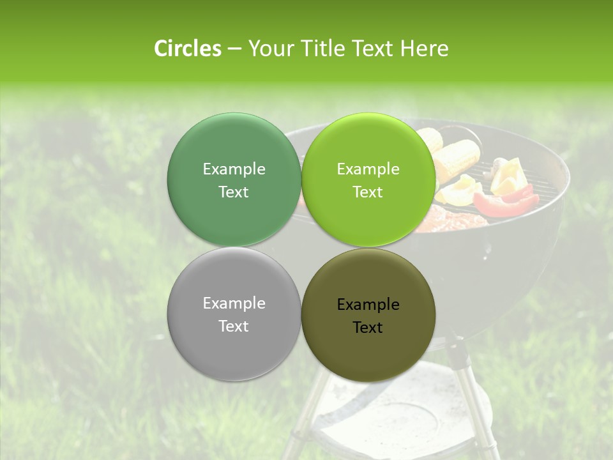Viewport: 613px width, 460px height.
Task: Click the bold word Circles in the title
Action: tap(188, 49)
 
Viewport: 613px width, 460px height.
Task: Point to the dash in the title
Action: tap(234, 49)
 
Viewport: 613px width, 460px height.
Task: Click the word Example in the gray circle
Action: tap(234, 303)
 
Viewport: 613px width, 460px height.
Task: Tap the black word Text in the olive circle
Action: tap(368, 328)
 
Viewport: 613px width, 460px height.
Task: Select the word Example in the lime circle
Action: tap(368, 169)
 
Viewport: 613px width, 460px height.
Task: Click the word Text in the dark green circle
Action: tap(234, 192)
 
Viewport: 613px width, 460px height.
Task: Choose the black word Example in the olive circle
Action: tap(368, 305)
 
